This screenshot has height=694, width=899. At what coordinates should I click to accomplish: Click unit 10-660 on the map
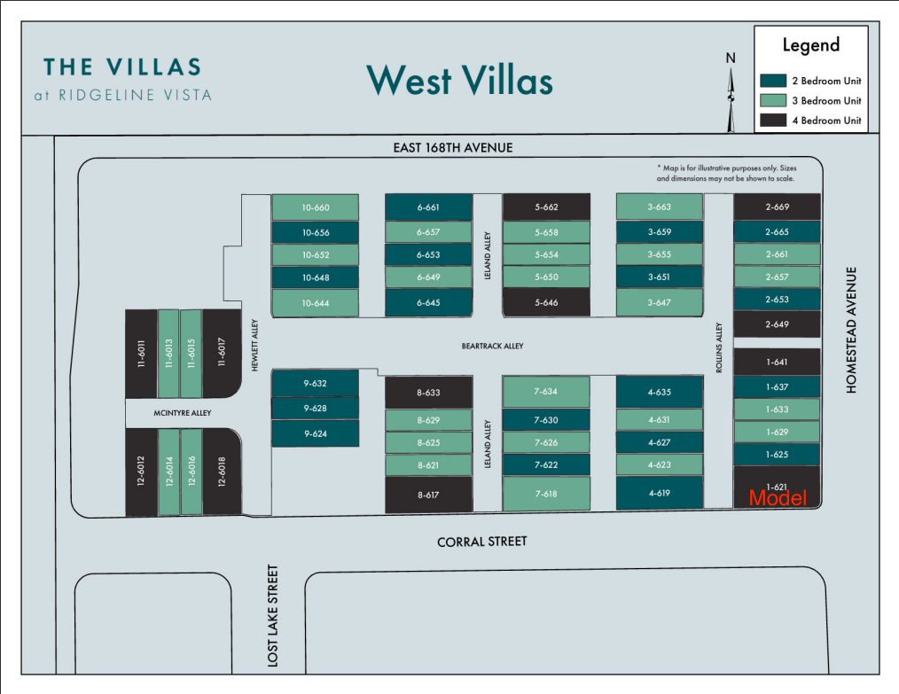coord(316,207)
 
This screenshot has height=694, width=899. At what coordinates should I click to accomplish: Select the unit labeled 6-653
coord(428,254)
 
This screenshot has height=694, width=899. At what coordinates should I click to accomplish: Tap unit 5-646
coord(546,302)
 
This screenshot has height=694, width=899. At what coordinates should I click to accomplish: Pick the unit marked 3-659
coord(660,232)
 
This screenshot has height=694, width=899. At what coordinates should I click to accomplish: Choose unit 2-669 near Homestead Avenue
coord(777,207)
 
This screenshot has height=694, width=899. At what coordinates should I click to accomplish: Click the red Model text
coord(778,498)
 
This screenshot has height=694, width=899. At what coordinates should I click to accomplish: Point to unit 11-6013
coord(168,354)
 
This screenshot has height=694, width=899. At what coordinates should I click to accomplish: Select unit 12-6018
coord(222,472)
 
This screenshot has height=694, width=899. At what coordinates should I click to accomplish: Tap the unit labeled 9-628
coord(316,409)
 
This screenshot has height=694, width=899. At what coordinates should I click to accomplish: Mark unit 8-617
coord(428,495)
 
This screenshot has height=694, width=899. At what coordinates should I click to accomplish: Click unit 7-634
coord(546,392)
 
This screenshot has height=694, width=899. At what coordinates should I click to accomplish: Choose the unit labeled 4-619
coord(660,493)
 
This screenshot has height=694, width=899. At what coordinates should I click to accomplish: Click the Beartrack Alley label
coord(493,347)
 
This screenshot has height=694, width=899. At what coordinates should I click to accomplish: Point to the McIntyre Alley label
coord(183,413)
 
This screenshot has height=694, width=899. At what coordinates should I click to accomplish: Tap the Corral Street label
coord(481,542)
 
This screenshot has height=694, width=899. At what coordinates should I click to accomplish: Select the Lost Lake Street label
coord(273,616)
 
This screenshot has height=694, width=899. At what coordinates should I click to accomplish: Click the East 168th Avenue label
coord(453,148)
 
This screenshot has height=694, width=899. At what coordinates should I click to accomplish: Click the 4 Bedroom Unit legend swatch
coord(773,121)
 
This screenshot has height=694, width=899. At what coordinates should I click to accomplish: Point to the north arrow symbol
coord(731,98)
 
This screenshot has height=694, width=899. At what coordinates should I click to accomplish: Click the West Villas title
coord(460,80)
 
